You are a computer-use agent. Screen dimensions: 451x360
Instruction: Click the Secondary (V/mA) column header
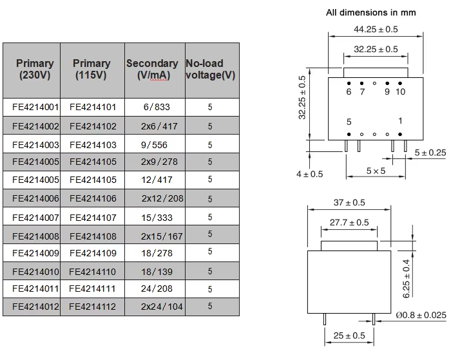tap(152, 70)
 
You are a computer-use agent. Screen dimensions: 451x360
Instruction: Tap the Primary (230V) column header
tap(35, 70)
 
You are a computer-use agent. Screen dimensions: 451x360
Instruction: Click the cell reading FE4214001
tap(35, 108)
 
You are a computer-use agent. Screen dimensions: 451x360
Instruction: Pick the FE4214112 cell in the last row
tap(92, 307)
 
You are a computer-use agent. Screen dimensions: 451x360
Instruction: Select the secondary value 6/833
tap(157, 108)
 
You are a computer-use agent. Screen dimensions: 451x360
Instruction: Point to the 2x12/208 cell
tap(162, 198)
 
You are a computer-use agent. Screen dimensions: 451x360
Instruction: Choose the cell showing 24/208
tap(157, 289)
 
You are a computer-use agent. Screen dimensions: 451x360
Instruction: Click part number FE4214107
tap(93, 218)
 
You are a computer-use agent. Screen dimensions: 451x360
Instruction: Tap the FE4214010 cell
tap(35, 272)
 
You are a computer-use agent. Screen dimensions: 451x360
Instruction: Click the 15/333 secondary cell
tap(157, 218)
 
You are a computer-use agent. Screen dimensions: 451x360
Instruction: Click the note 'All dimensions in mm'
tap(370, 13)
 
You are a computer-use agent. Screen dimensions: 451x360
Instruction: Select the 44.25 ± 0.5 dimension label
tap(376, 30)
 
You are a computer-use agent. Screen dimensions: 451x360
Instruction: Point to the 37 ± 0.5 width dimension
tap(349, 203)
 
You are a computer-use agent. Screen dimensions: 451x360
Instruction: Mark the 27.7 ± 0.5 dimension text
tap(349, 223)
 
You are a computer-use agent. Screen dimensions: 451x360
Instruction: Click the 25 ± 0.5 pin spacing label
tap(349, 336)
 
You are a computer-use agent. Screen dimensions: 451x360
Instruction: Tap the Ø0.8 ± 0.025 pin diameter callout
tap(421, 316)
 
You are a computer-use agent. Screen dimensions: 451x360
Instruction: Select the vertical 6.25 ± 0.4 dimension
tap(406, 279)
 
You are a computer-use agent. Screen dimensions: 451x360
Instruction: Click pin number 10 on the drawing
tap(400, 91)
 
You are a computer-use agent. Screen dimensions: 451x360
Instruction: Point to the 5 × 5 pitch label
tap(376, 171)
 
